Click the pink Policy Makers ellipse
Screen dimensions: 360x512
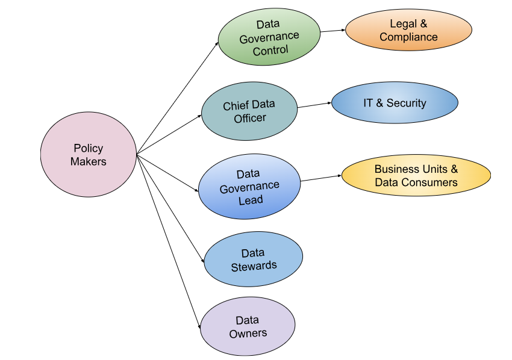pyautogui.click(x=89, y=155)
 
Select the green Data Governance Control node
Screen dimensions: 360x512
pyautogui.click(x=269, y=37)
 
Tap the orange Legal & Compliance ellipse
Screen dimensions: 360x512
pyautogui.click(x=408, y=30)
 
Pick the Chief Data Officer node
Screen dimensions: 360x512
pyautogui.click(x=249, y=111)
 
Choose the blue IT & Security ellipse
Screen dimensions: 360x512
pyautogui.click(x=395, y=103)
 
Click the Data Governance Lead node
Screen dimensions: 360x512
pyautogui.click(x=249, y=186)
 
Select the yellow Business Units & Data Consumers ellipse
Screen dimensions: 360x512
pyautogui.click(x=416, y=175)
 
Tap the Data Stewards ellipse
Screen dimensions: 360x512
pyautogui.click(x=254, y=259)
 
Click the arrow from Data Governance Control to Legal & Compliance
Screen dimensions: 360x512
pyautogui.click(x=332, y=30)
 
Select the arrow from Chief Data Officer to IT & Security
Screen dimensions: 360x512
pyautogui.click(x=314, y=105)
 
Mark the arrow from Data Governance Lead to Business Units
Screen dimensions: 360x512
pyautogui.click(x=321, y=178)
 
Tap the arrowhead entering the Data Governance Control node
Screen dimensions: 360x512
pyautogui.click(x=217, y=43)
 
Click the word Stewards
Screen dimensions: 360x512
pyautogui.click(x=254, y=265)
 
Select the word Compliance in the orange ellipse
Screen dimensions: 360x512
pyautogui.click(x=408, y=37)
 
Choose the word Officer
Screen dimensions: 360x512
pyautogui.click(x=250, y=118)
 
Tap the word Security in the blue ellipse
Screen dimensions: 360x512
pyautogui.click(x=406, y=103)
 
